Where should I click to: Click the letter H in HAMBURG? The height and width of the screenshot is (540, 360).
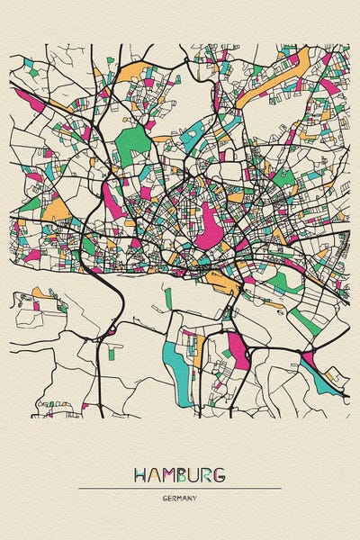(x=141, y=473)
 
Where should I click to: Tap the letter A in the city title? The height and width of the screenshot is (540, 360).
(x=155, y=473)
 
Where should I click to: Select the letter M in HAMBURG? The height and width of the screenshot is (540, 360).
(x=168, y=473)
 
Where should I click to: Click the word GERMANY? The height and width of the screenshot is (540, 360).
(x=180, y=498)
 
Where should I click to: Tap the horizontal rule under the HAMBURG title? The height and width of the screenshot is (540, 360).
(x=180, y=489)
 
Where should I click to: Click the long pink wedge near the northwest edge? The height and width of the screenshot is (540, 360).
(x=27, y=103)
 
